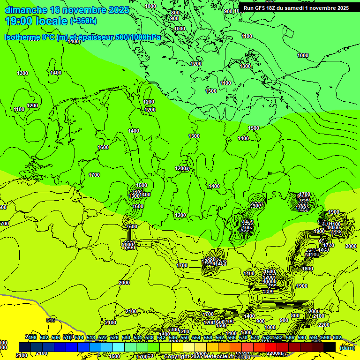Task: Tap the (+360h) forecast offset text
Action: click(x=83, y=21)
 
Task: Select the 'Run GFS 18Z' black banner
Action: click(x=296, y=8)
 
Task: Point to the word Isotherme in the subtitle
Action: click(x=22, y=37)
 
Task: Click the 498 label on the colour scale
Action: click(x=31, y=337)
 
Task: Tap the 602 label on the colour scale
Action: click(x=337, y=337)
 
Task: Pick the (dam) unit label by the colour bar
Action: click(x=347, y=347)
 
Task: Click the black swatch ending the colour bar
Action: click(x=329, y=347)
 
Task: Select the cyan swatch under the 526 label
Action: click(x=119, y=347)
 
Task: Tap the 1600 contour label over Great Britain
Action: click(x=103, y=147)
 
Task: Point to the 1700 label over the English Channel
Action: click(x=94, y=175)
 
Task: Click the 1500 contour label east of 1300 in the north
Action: click(x=254, y=128)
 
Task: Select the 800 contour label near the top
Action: click(x=175, y=13)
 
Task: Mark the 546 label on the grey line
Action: click(x=51, y=320)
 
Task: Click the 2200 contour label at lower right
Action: click(x=324, y=325)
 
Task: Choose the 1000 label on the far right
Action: click(x=303, y=55)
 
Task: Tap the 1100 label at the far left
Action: click(x=19, y=109)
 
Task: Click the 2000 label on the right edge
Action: click(x=351, y=246)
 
